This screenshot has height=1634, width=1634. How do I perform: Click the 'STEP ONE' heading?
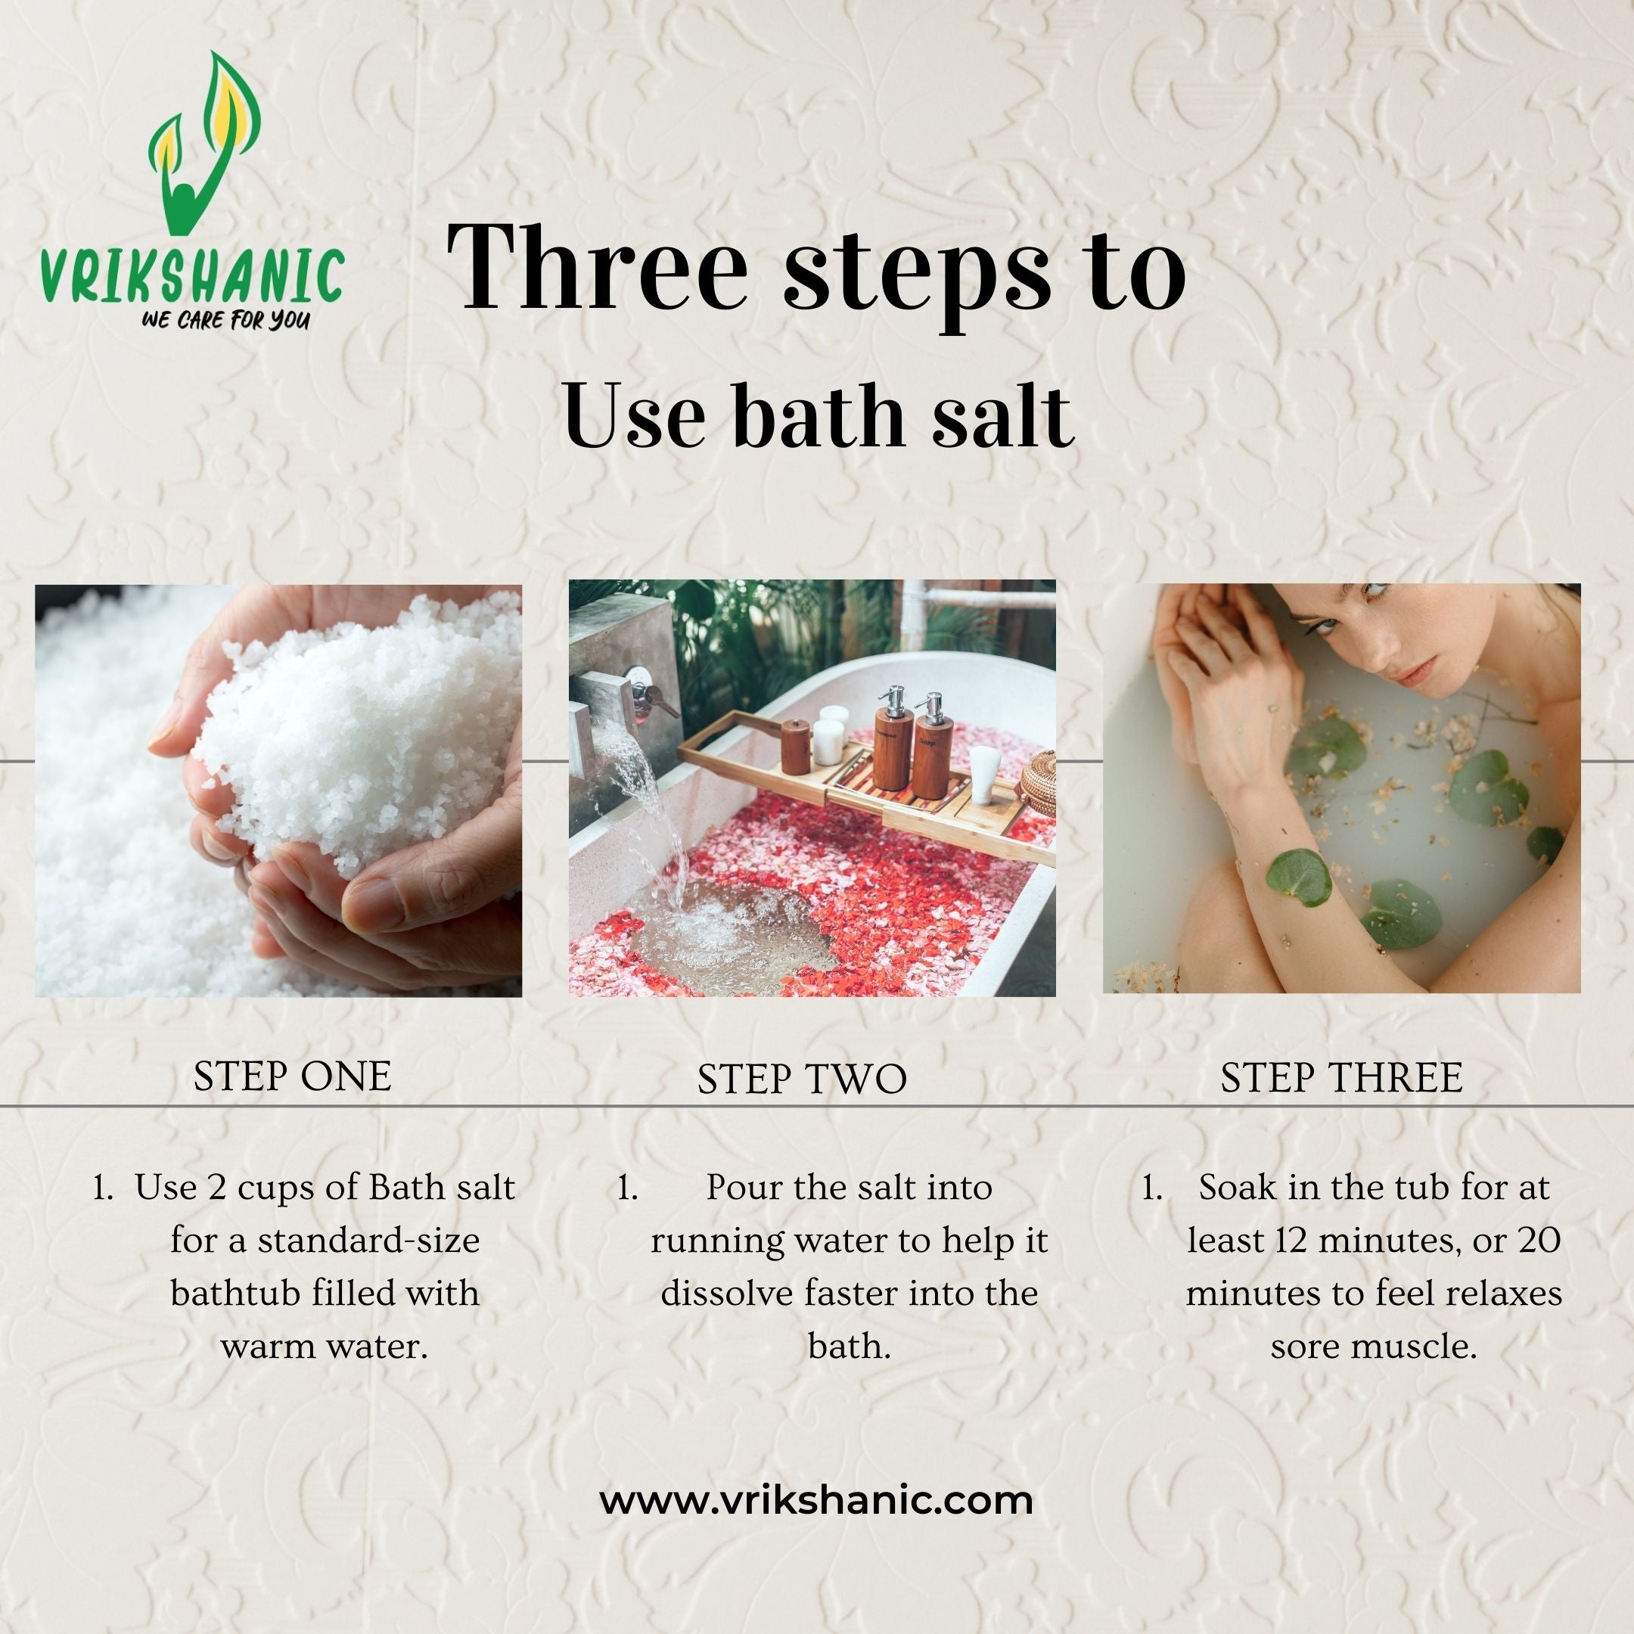pyautogui.click(x=293, y=1076)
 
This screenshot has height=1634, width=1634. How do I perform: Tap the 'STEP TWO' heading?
pyautogui.click(x=802, y=1079)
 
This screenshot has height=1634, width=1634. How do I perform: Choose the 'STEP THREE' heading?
pyautogui.click(x=1341, y=1077)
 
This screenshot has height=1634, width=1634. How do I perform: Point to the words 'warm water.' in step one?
pyautogui.click(x=324, y=1346)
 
